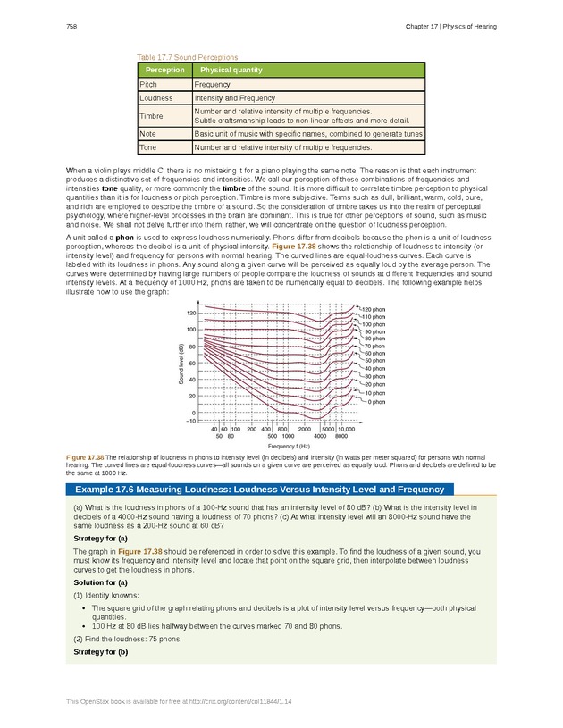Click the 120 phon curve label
click(374, 309)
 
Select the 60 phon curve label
click(374, 353)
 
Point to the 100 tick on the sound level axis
click(191, 330)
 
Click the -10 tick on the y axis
click(190, 420)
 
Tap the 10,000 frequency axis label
click(346, 429)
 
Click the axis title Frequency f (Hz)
click(289, 445)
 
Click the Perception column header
click(164, 70)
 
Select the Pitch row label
click(148, 83)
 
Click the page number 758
click(71, 26)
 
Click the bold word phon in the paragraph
click(125, 238)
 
